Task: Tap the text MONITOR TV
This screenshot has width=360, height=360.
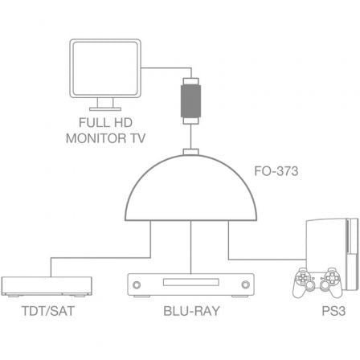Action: (x=105, y=137)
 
